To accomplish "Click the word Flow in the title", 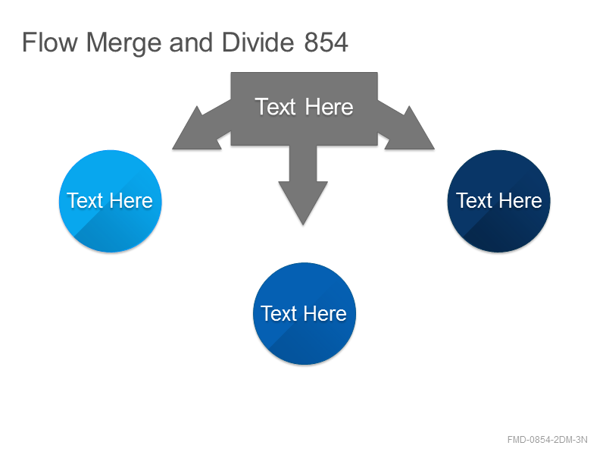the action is point(50,42).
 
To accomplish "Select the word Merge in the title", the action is point(123,43).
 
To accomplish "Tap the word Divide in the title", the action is point(258,42).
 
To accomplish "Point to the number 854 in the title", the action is point(326,42).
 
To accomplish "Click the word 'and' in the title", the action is point(191,42).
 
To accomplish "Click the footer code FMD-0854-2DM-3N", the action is point(547,440).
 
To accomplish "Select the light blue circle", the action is point(111,201).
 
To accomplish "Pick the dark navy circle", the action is point(498,201).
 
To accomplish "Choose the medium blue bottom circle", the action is point(305,314).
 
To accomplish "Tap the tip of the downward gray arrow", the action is point(303,224).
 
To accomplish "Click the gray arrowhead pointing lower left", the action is point(199,130).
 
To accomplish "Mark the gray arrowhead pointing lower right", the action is point(408,130).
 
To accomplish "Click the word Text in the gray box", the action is point(275,107).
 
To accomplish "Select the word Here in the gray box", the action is point(329,107).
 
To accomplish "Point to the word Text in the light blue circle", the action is point(86,201).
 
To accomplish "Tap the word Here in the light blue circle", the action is point(131,201).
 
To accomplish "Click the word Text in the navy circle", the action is point(474,201).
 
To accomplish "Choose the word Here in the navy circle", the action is point(520,201).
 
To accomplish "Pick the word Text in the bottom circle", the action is point(279,313).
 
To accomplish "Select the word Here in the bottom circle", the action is point(325,313).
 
